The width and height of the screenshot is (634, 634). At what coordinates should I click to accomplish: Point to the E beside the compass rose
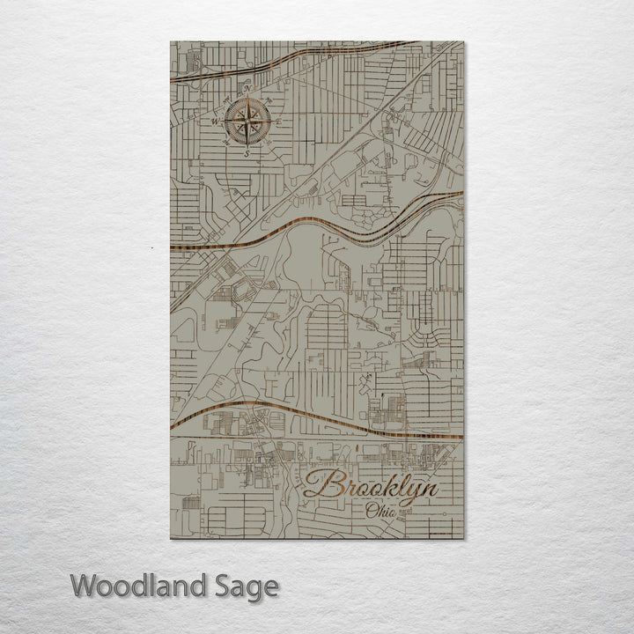point(279,122)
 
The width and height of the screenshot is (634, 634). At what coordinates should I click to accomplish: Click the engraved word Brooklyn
point(370,487)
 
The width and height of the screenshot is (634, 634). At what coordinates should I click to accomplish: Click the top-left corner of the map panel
point(171,41)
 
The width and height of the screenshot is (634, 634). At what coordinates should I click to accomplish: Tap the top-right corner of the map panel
point(463,41)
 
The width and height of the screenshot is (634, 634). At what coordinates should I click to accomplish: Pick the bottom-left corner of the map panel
point(171,539)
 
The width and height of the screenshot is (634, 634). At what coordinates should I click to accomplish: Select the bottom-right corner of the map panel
point(463,539)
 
